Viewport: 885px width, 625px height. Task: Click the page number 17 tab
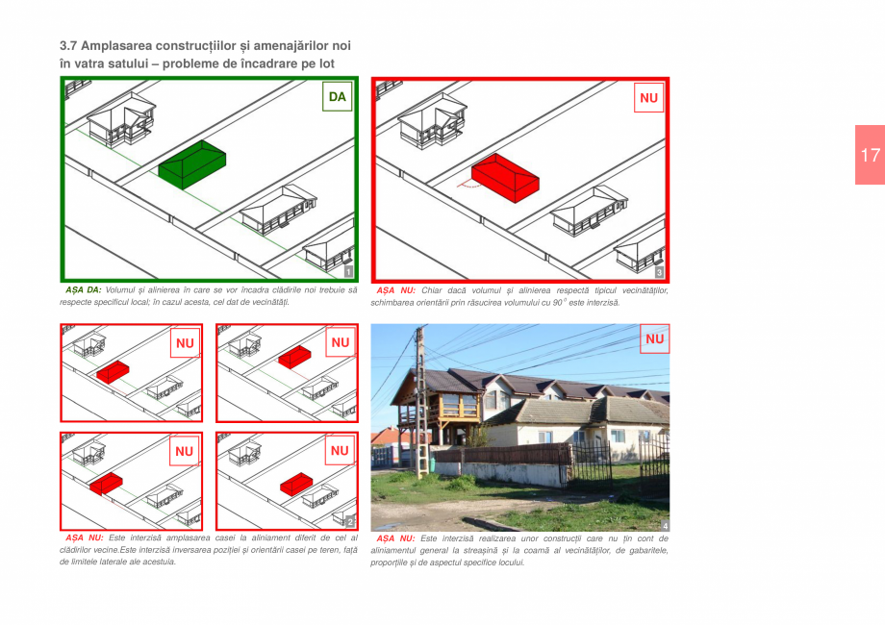point(870,155)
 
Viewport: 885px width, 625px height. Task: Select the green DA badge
point(337,97)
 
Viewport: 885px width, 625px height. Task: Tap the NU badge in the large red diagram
point(649,98)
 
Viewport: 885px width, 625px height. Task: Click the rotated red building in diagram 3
point(504,176)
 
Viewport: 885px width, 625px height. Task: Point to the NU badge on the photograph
point(654,338)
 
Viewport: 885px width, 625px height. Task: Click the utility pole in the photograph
point(420,404)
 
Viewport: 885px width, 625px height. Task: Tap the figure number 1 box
point(348,272)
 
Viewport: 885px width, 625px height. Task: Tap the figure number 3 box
point(659,272)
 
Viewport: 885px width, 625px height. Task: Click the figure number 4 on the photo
point(664,525)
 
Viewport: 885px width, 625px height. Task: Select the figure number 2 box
point(349,521)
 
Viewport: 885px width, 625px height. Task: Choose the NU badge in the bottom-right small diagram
point(341,450)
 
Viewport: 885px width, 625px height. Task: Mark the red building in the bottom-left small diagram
point(106,483)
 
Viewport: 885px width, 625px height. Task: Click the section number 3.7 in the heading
point(68,45)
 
